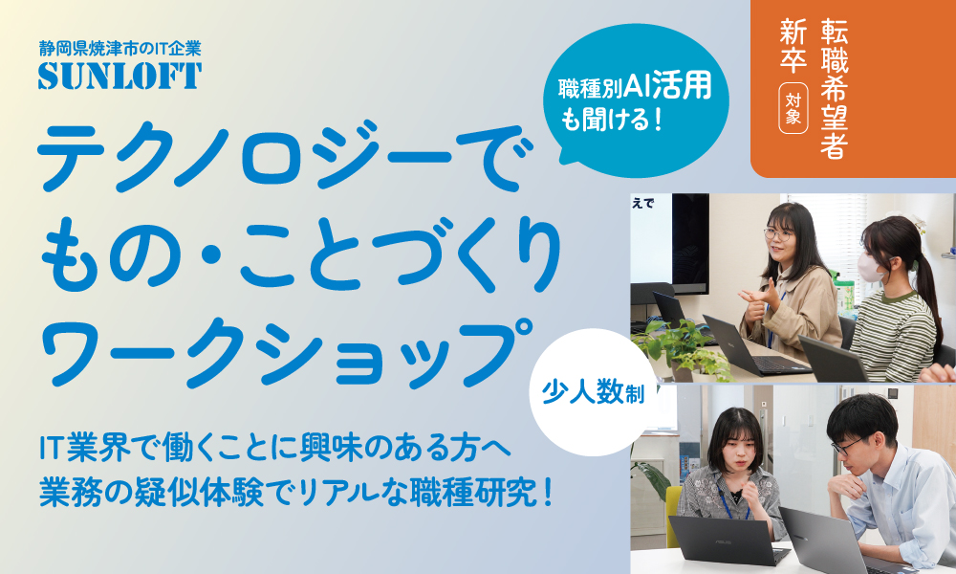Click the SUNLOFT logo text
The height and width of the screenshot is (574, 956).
(120, 76)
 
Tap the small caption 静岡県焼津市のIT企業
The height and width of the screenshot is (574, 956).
(119, 48)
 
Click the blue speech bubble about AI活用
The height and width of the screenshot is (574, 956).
(636, 100)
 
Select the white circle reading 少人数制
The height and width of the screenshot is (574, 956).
(594, 393)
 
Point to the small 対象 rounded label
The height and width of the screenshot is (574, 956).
(793, 109)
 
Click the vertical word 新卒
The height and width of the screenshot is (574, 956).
(793, 45)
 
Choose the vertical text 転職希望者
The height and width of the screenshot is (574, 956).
(834, 89)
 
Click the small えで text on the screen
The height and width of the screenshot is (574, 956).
(643, 204)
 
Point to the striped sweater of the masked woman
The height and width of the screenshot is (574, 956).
(893, 336)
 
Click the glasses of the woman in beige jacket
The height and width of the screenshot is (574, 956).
(778, 232)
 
